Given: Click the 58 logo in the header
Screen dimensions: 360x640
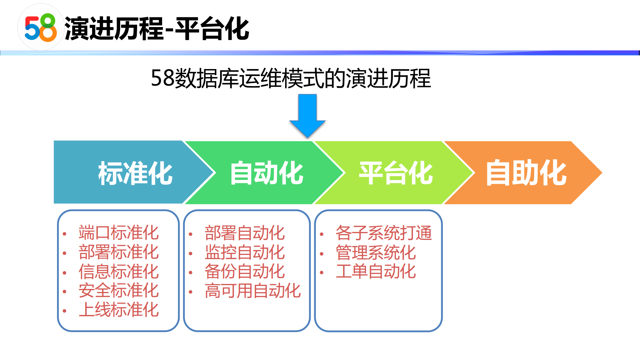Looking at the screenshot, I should (x=41, y=28).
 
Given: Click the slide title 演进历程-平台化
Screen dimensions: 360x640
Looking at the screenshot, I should (x=157, y=29).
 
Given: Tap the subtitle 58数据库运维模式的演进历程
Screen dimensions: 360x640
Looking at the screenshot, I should (x=290, y=78).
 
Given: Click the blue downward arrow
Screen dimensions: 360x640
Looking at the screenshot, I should (x=307, y=115).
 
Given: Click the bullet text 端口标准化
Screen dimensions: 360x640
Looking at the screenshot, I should (x=118, y=233).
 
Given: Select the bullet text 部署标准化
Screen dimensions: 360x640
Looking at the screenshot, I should (x=118, y=252).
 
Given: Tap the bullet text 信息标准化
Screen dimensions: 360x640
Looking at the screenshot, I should (x=118, y=271).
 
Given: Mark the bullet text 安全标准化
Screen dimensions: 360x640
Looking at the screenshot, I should (x=118, y=290).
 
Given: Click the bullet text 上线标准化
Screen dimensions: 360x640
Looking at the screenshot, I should (x=118, y=310).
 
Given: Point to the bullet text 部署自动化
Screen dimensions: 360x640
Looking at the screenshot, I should (x=244, y=233).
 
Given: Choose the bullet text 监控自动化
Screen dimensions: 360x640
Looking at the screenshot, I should (x=244, y=252).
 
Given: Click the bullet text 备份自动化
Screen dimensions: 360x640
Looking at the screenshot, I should (x=244, y=271).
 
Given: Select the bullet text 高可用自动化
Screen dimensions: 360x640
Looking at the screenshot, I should (x=252, y=291).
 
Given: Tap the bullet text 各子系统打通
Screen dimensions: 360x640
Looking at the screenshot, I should (x=384, y=233).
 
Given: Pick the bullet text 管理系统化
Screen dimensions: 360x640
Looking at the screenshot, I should (x=376, y=252).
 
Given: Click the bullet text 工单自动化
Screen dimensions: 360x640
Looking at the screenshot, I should (x=376, y=271).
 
